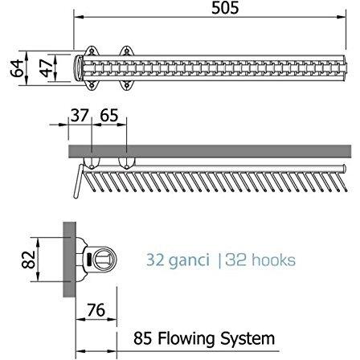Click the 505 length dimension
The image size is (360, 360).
(225, 8)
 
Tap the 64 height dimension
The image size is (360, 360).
(17, 68)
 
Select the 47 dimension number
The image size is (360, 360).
(46, 67)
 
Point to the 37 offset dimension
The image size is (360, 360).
(80, 116)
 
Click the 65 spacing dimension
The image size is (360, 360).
(109, 116)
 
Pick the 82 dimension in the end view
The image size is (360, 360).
(28, 260)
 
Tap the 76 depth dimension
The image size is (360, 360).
(96, 310)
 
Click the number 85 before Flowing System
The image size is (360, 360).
(142, 338)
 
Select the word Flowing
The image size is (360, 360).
(187, 339)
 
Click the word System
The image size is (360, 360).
(247, 339)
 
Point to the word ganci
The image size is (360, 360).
(189, 260)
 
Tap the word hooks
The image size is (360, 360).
(273, 260)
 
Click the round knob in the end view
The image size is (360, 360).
(103, 260)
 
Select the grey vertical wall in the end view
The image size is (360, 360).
(69, 260)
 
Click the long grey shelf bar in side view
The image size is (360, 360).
(210, 151)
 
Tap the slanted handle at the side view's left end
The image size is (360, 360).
(78, 182)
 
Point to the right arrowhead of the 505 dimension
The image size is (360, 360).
(342, 17)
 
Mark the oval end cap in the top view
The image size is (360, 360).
(78, 67)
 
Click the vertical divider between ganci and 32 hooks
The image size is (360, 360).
(219, 261)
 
